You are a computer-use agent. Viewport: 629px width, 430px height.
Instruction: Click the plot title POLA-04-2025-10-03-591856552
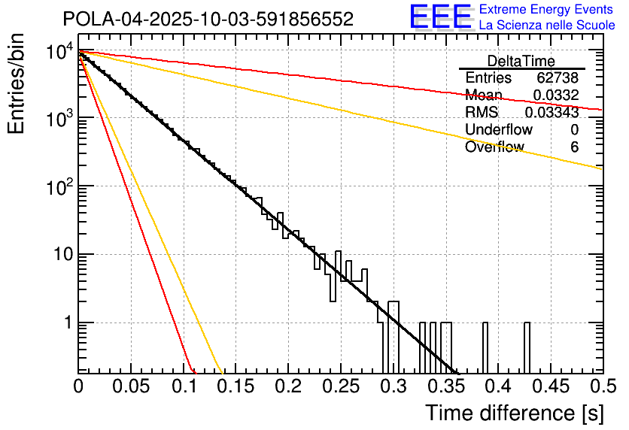[208, 20]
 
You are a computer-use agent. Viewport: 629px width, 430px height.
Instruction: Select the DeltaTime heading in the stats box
[521, 61]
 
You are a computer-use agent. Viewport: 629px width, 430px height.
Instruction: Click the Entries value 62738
[557, 78]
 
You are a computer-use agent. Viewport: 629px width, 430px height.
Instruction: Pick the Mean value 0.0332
[555, 95]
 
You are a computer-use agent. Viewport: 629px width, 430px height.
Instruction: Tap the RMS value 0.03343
[552, 112]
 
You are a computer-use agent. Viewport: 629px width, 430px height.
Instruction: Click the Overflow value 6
[574, 147]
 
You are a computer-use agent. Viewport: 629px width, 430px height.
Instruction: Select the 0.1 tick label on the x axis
[183, 386]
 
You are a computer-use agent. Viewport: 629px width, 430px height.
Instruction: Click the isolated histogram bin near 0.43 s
[527, 346]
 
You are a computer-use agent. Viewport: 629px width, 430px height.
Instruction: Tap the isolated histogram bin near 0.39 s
[485, 346]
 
